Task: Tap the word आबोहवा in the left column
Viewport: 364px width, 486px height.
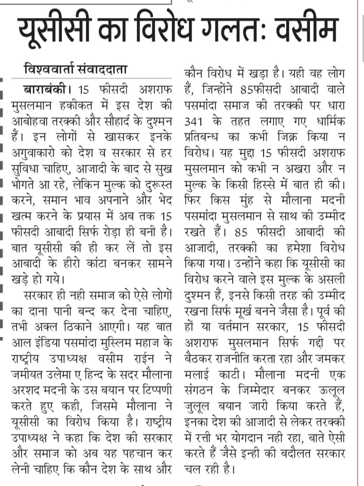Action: point(30,123)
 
